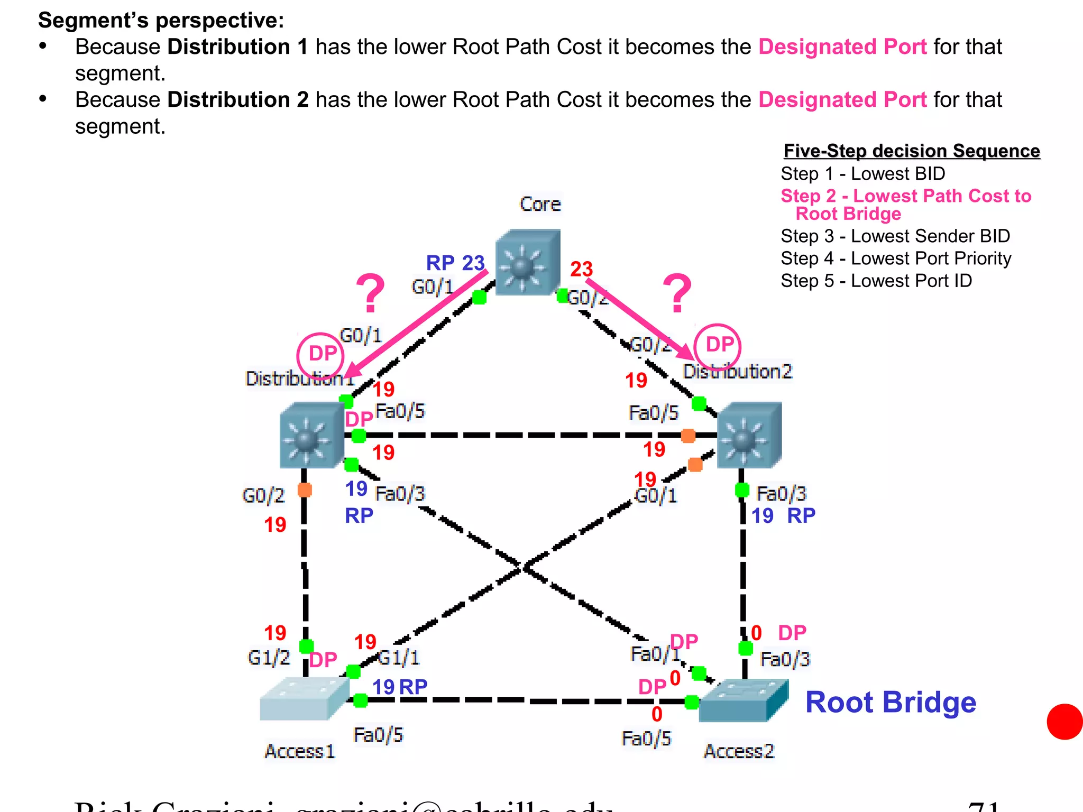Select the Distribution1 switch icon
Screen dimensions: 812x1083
point(311,435)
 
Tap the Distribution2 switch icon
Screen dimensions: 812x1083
point(748,435)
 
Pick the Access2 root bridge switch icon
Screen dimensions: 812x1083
point(743,700)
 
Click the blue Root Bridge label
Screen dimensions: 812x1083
point(891,702)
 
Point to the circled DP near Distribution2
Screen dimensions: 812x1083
point(718,345)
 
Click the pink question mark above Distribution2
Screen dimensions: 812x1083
point(677,293)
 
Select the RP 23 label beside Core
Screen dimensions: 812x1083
point(455,263)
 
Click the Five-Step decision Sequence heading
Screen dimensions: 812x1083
point(911,151)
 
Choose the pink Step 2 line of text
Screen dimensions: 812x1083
point(905,196)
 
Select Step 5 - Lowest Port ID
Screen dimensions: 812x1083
point(876,281)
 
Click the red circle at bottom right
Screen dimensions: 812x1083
point(1065,722)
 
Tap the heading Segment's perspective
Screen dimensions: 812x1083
point(161,20)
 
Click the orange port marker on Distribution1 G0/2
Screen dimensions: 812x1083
point(305,490)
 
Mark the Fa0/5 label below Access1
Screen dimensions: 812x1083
point(378,735)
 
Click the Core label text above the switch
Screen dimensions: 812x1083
point(540,204)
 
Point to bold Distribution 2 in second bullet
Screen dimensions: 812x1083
point(237,100)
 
